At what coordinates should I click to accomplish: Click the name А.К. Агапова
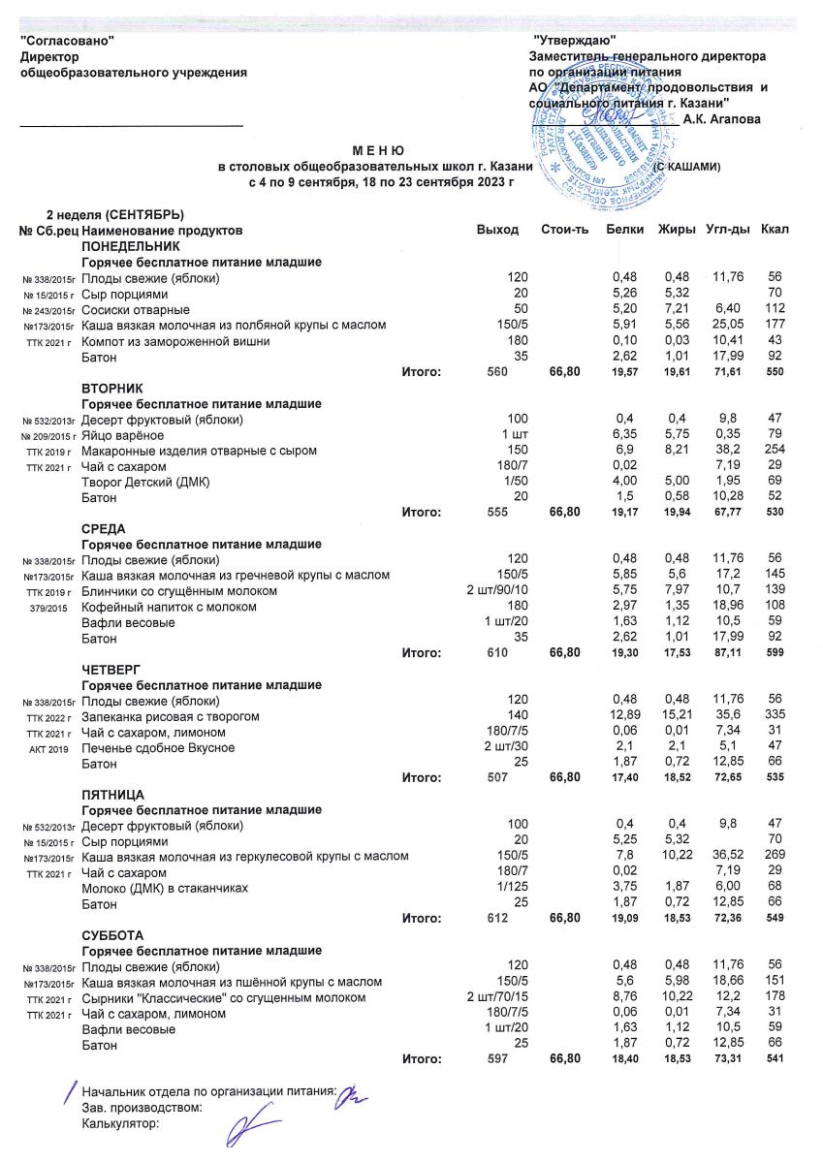tap(721, 119)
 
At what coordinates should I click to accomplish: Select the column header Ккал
tap(776, 230)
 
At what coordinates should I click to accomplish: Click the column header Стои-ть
tap(564, 230)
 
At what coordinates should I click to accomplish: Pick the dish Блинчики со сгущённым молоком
tap(179, 591)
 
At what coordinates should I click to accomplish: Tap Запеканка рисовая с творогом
tap(171, 716)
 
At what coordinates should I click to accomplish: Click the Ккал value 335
tap(774, 716)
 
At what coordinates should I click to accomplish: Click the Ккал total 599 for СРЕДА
tap(774, 654)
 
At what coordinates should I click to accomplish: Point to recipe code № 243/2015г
tap(48, 311)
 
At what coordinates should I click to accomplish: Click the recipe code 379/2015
tap(48, 608)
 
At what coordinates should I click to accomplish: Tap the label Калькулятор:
tap(120, 1124)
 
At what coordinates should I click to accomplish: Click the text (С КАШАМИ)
tap(684, 167)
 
